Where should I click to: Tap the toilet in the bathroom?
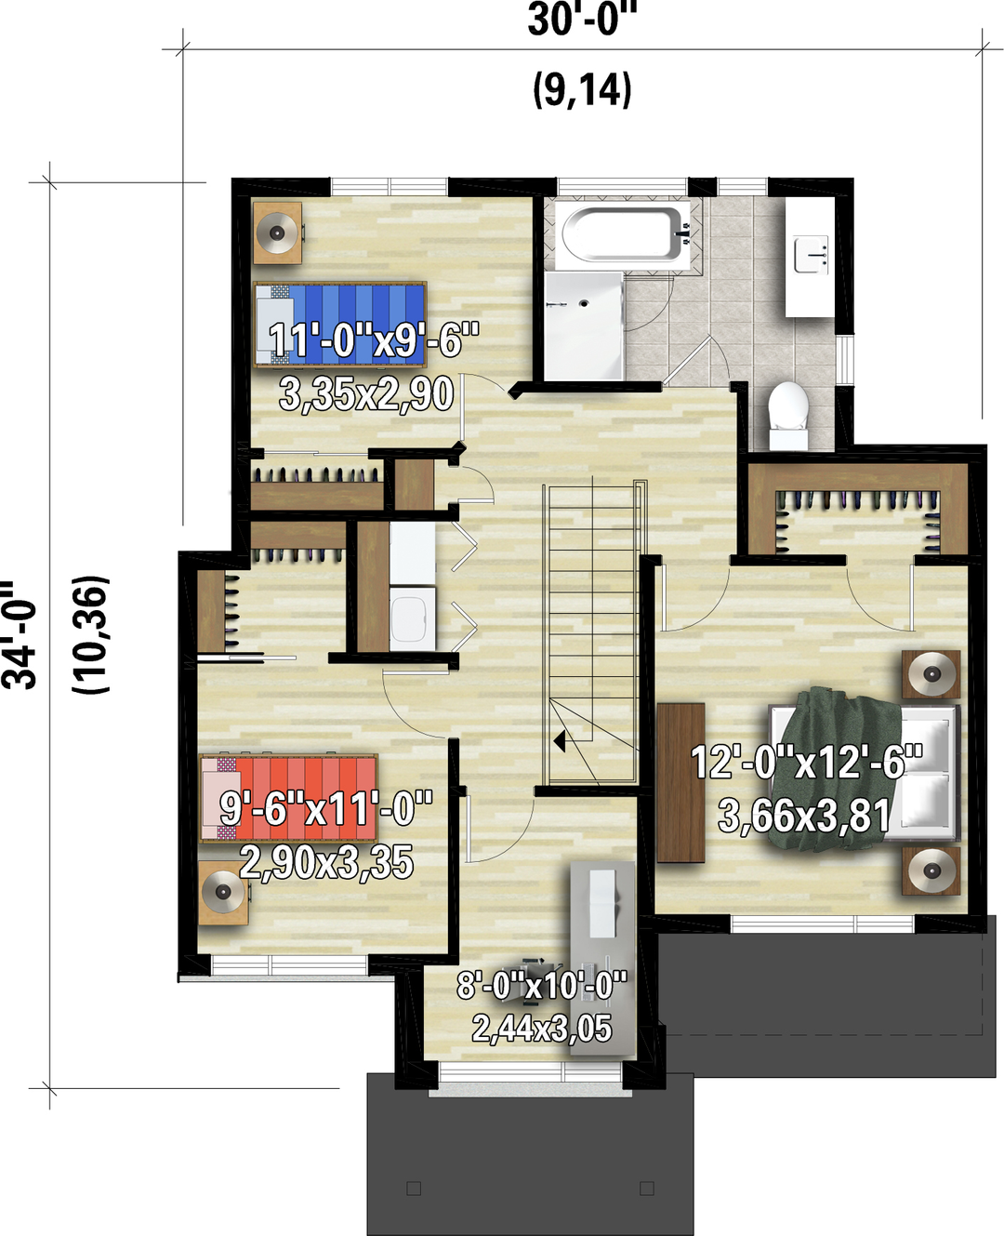[788, 416]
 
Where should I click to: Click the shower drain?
[584, 302]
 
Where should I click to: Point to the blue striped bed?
[341, 325]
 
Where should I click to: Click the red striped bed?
[289, 798]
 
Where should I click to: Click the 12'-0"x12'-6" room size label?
[807, 762]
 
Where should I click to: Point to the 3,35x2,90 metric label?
[366, 394]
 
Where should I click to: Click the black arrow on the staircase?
[559, 741]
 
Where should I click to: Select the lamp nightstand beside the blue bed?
[278, 233]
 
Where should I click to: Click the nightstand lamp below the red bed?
[223, 892]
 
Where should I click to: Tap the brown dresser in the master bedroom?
[680, 783]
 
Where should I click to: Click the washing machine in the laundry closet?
[413, 618]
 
